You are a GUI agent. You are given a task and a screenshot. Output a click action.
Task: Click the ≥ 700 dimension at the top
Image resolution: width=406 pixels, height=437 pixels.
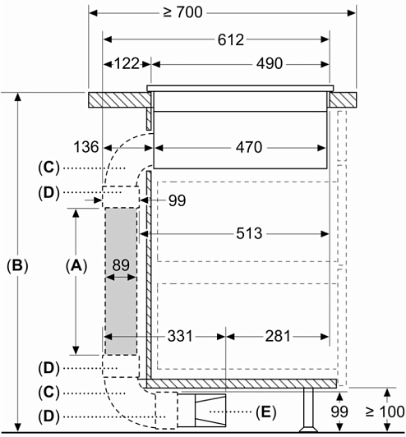183,12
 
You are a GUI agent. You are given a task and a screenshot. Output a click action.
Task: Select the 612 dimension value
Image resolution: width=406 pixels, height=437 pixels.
231,40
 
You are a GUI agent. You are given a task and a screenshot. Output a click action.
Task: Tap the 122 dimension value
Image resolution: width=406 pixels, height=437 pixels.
127,64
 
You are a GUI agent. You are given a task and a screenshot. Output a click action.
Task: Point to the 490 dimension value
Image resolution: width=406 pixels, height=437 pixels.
270,64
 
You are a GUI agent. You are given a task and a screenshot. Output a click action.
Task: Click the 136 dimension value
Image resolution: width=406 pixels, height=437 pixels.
86,147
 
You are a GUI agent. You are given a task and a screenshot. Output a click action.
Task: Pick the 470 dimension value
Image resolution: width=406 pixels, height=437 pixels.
249,147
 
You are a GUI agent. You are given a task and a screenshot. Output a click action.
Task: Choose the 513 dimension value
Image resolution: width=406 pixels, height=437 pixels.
249,233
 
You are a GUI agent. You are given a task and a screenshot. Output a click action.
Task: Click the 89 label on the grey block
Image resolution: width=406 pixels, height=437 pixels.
121,265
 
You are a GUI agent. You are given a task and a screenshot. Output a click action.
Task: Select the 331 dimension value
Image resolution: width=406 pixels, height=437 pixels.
180,336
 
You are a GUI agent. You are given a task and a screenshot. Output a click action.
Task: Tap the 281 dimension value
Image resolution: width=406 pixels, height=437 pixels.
278,336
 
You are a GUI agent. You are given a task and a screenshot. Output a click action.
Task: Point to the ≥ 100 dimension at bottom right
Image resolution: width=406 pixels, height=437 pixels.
385,412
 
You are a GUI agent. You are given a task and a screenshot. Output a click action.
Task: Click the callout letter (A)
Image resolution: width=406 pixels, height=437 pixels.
76,265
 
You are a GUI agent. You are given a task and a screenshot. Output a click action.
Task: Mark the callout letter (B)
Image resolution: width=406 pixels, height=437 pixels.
17,265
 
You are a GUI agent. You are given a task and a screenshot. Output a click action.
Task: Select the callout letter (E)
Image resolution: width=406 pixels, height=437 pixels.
265,412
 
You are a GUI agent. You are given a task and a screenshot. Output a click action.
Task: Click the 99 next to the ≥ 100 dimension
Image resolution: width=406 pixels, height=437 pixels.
339,412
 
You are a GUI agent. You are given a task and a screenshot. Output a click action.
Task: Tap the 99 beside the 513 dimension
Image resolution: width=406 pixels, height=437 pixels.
177,200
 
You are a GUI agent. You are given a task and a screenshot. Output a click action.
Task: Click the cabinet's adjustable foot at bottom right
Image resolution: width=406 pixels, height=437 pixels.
308,410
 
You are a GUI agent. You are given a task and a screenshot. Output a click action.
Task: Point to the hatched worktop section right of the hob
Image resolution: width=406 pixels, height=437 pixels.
343,100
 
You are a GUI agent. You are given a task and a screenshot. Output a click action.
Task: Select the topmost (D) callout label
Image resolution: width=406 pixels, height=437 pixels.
48,192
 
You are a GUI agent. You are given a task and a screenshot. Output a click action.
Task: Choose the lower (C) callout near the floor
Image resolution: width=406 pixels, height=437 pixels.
48,393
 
